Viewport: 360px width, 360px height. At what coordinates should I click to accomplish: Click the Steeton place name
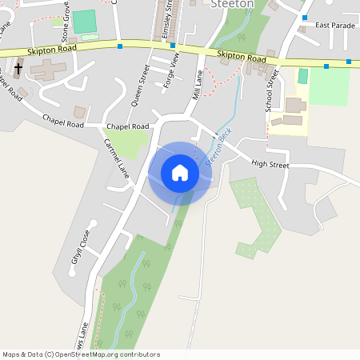pos(232,4)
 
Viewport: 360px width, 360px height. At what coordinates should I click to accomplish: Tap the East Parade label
pos(334,26)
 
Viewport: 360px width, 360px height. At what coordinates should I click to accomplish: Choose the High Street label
pos(269,163)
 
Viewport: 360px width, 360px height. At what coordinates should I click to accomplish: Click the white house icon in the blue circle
pos(179,173)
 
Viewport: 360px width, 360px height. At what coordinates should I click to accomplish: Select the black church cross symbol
pos(18,70)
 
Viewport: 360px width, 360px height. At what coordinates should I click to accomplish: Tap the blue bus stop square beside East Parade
pos(304,17)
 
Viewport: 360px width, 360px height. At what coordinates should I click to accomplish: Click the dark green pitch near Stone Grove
pos(84,22)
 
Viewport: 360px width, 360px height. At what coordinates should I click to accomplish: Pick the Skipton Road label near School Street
pos(242,58)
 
